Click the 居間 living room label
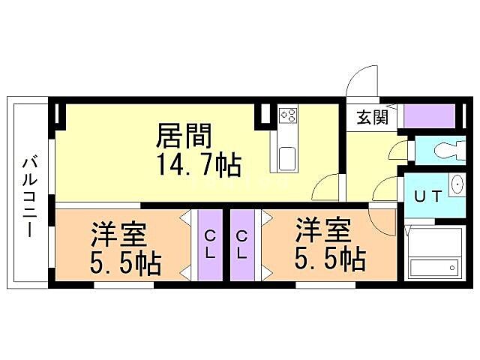pos(184,136)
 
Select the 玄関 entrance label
pos(372,117)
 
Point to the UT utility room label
pos(427,196)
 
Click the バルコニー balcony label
pos(30,194)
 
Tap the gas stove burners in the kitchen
pos(289,115)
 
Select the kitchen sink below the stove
pos(289,158)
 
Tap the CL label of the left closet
pos(209,244)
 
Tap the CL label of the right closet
pos(241,244)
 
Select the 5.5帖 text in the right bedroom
pos(330,259)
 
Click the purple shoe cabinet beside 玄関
pos(429,116)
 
